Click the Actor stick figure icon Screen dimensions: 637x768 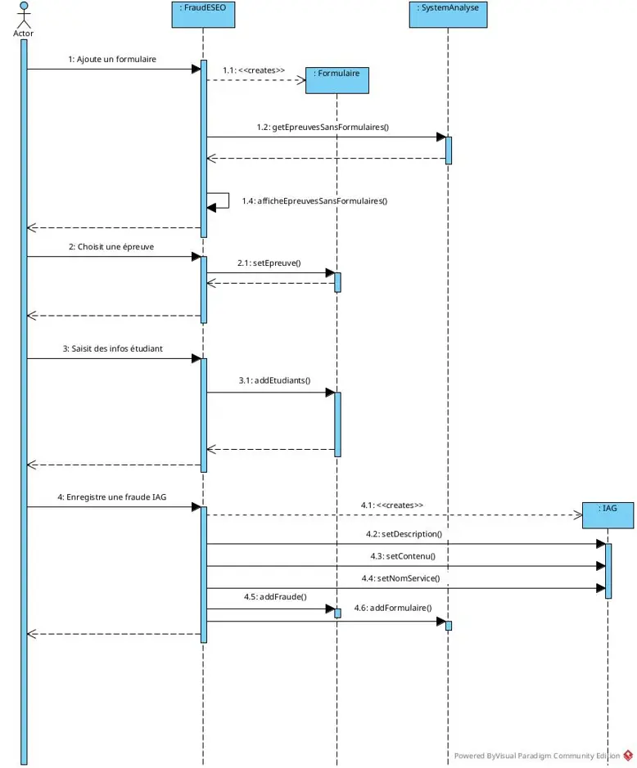point(24,15)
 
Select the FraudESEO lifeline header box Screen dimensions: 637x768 point(203,14)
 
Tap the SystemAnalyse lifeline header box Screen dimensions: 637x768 point(448,14)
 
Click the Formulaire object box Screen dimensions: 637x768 point(337,80)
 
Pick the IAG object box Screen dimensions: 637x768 point(608,515)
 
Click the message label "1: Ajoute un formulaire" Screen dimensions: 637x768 point(112,59)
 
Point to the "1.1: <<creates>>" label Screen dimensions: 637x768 point(254,70)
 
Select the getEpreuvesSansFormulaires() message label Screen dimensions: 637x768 point(323,128)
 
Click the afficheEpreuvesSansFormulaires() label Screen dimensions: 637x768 point(314,201)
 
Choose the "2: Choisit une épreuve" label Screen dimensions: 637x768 point(111,247)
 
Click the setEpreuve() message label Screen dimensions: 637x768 point(269,263)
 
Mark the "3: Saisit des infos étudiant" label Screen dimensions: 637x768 point(112,348)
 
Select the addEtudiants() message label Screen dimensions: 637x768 point(274,380)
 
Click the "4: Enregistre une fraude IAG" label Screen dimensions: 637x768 point(112,497)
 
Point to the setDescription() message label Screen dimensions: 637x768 point(404,534)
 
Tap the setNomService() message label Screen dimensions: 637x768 point(400,578)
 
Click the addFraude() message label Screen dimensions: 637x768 point(275,596)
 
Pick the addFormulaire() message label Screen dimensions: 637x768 point(393,608)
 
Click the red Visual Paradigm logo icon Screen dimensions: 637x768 point(628,755)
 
